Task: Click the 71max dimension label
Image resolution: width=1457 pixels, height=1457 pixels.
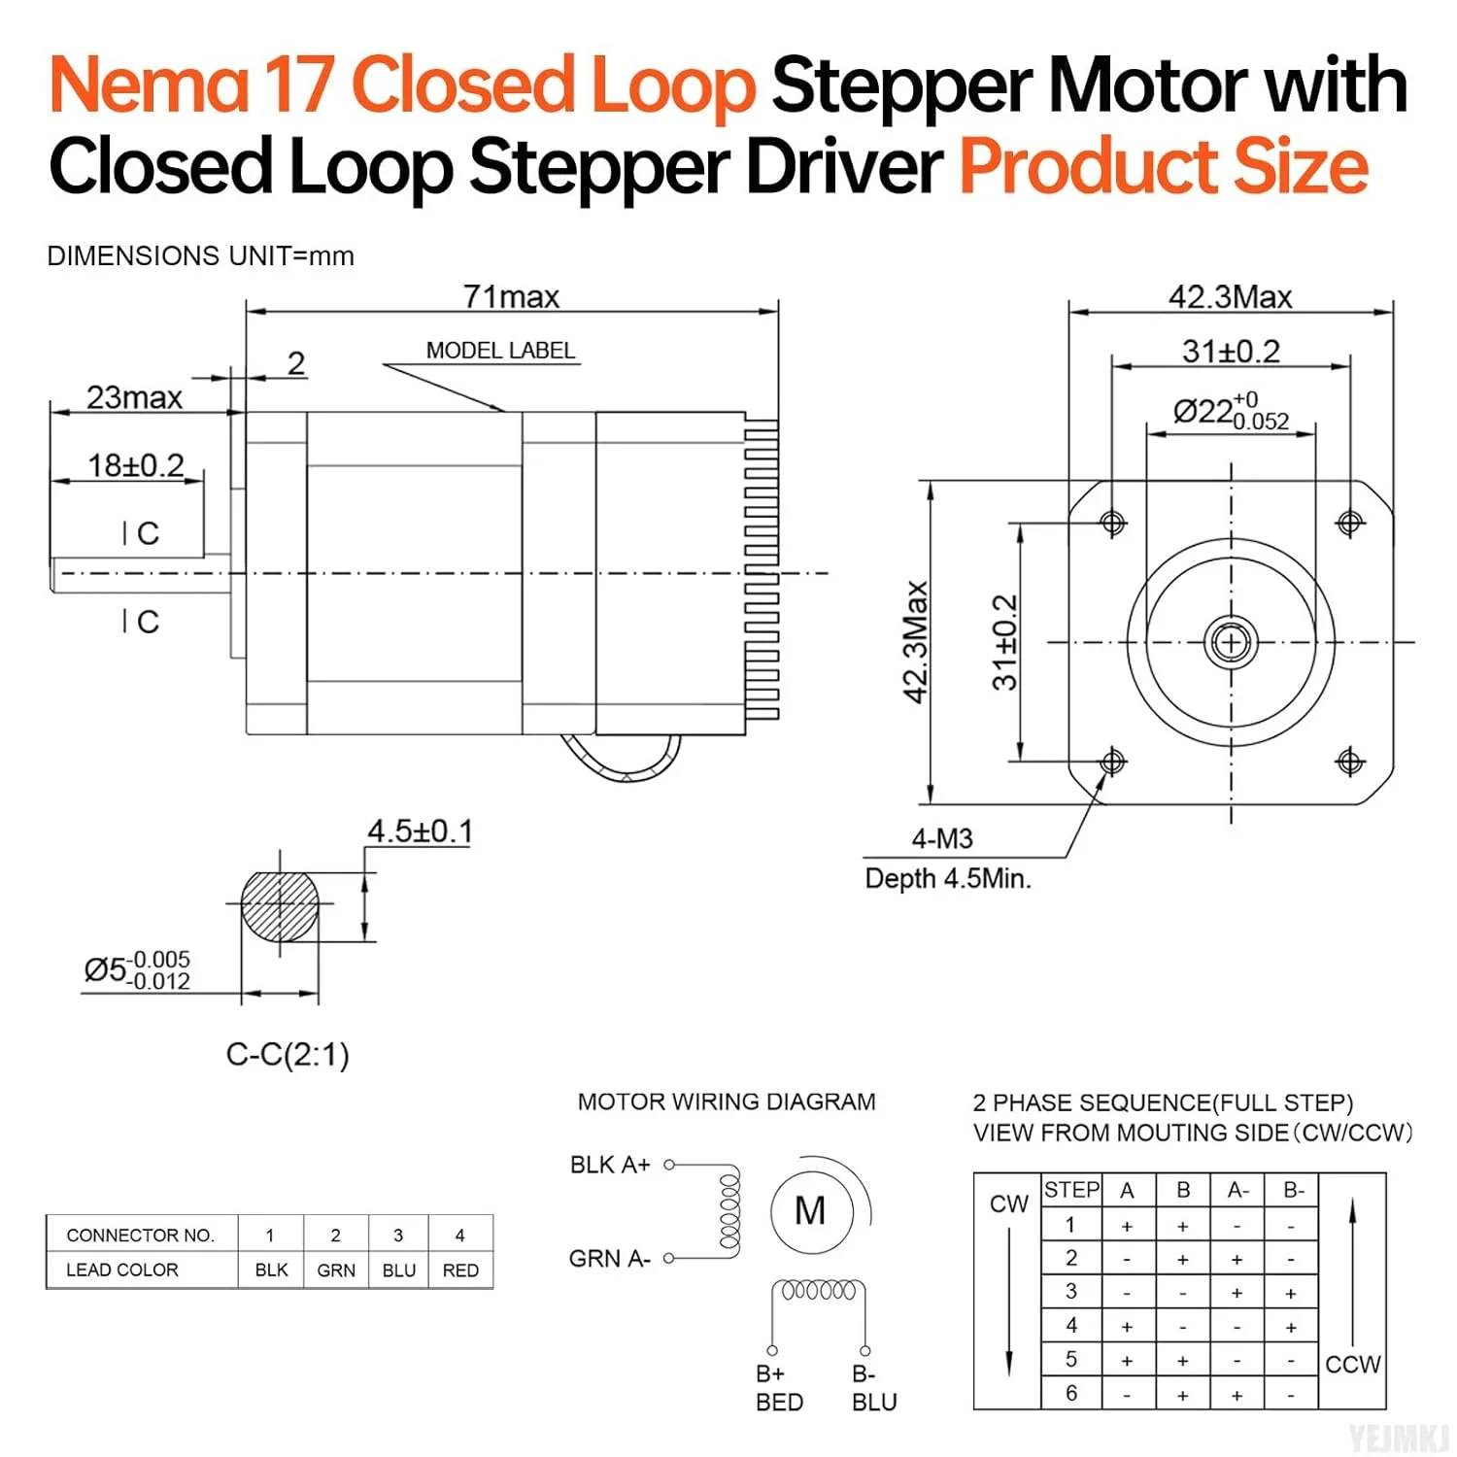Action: [511, 296]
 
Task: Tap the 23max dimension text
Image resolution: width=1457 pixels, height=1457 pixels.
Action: [134, 397]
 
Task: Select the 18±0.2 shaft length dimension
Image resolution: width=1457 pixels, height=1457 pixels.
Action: [135, 465]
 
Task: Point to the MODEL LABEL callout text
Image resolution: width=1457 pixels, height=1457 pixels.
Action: [500, 351]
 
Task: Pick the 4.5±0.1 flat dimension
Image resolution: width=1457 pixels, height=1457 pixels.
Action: [420, 831]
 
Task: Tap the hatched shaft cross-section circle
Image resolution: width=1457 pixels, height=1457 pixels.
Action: [280, 906]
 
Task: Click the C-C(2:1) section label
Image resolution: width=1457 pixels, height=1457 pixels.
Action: [288, 1054]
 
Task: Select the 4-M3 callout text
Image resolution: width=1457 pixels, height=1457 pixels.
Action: [941, 838]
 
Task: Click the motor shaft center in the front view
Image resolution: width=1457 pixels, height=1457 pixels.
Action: [1231, 642]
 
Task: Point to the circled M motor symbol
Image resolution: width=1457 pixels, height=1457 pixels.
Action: [810, 1210]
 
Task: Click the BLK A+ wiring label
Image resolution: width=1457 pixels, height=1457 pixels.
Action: [610, 1165]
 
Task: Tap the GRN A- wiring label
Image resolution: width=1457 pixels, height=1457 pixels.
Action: [609, 1259]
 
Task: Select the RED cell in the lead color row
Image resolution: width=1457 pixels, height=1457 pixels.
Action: [460, 1271]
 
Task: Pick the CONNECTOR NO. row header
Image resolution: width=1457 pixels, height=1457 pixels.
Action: [140, 1236]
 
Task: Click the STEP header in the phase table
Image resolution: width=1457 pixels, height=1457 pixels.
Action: [1071, 1190]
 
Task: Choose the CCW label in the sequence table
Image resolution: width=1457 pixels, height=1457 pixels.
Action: [1352, 1365]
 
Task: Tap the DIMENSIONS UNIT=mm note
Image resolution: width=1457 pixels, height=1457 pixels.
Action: [200, 256]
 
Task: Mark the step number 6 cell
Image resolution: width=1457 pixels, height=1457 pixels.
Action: [1071, 1393]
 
